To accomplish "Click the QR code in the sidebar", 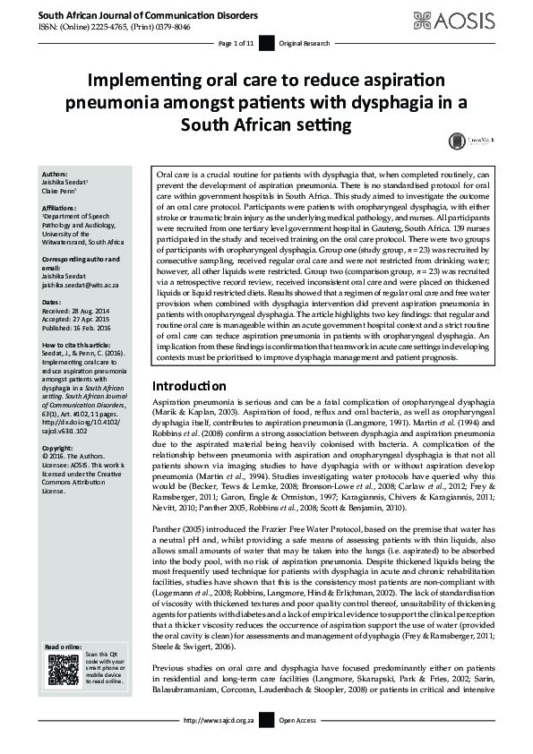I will pyautogui.click(x=63, y=671).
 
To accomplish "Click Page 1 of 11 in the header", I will pyautogui.click(x=236, y=43).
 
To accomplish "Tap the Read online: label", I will pyautogui.click(x=64, y=647).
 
